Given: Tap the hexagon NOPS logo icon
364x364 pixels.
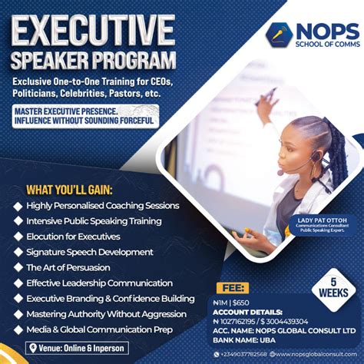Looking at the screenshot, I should (278, 35).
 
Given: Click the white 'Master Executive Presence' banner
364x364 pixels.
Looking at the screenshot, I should (85, 115).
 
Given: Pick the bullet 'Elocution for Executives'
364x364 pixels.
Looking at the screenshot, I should (73, 237).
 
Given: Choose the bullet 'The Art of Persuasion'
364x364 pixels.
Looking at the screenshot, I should (68, 267).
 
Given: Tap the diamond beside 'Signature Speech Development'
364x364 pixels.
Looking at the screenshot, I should (18, 252).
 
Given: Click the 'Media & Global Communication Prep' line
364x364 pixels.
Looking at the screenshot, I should (99, 329).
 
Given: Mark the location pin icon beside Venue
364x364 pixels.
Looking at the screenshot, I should (32, 348).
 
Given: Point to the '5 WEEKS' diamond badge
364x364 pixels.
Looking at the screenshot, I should (334, 289).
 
